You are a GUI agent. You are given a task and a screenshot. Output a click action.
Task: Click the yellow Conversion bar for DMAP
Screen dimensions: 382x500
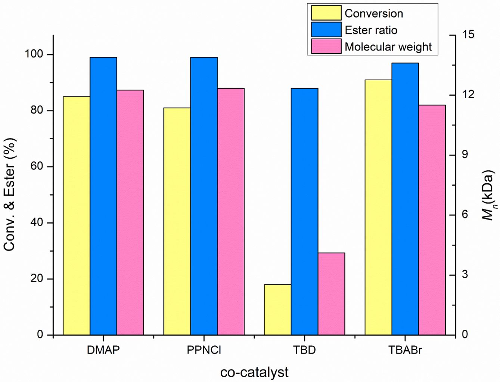point(77,215)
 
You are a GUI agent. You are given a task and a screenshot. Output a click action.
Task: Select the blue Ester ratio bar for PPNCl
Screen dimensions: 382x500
point(204,196)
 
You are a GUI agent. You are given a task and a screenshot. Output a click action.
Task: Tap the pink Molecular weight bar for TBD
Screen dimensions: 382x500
point(331,294)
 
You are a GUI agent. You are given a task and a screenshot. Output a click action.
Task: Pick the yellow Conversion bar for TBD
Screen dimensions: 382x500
point(277,310)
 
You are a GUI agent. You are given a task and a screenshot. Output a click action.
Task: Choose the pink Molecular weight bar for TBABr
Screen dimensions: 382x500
point(432,220)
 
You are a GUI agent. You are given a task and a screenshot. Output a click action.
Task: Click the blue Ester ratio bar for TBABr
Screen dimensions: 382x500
point(405,199)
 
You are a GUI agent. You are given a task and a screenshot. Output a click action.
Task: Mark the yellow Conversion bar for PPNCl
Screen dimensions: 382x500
point(177,221)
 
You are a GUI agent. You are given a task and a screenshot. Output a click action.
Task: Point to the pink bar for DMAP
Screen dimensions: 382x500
point(130,212)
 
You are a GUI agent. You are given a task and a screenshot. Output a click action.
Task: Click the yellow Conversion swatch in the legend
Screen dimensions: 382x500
point(326,13)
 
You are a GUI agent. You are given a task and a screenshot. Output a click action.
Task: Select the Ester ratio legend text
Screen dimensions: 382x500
point(371,30)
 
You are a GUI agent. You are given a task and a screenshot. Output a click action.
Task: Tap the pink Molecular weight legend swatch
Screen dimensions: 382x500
point(326,46)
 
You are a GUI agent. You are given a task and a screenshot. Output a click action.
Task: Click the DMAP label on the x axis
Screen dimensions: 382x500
point(103,350)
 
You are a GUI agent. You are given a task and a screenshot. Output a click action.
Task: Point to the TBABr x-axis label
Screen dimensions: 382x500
point(405,350)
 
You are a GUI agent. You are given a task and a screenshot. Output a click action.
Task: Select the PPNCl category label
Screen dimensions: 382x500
point(204,350)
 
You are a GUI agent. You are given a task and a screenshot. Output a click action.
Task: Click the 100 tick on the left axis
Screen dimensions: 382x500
point(34,54)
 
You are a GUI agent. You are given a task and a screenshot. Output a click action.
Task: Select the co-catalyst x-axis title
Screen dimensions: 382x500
point(254,372)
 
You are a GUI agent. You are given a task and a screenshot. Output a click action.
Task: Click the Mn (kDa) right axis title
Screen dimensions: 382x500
point(488,195)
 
